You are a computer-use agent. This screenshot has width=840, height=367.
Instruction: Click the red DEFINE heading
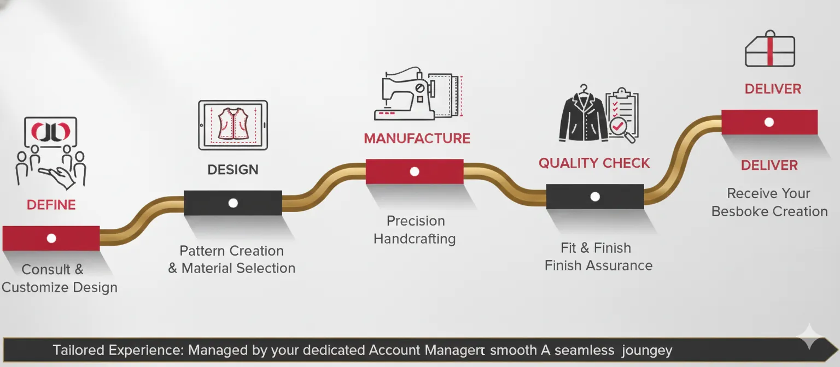click(51, 205)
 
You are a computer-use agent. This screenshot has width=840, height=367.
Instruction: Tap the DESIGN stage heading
click(233, 170)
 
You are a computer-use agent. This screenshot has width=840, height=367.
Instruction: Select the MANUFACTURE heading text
click(417, 138)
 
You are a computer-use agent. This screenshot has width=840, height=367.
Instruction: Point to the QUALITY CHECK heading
click(594, 163)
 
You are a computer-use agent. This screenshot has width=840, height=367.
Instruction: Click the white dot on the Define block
click(51, 238)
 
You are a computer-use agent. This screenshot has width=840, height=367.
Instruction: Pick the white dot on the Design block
click(233, 203)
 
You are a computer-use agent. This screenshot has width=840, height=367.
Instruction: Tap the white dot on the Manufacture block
click(415, 171)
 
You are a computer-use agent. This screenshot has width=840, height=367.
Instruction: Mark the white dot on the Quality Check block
click(595, 197)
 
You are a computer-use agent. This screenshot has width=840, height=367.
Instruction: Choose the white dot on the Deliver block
click(769, 122)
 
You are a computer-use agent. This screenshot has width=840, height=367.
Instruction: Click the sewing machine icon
click(405, 93)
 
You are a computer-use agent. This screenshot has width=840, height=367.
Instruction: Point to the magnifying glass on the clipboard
click(622, 129)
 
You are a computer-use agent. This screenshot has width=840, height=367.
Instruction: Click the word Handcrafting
click(415, 239)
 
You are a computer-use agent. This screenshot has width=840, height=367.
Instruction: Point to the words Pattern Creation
click(232, 251)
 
